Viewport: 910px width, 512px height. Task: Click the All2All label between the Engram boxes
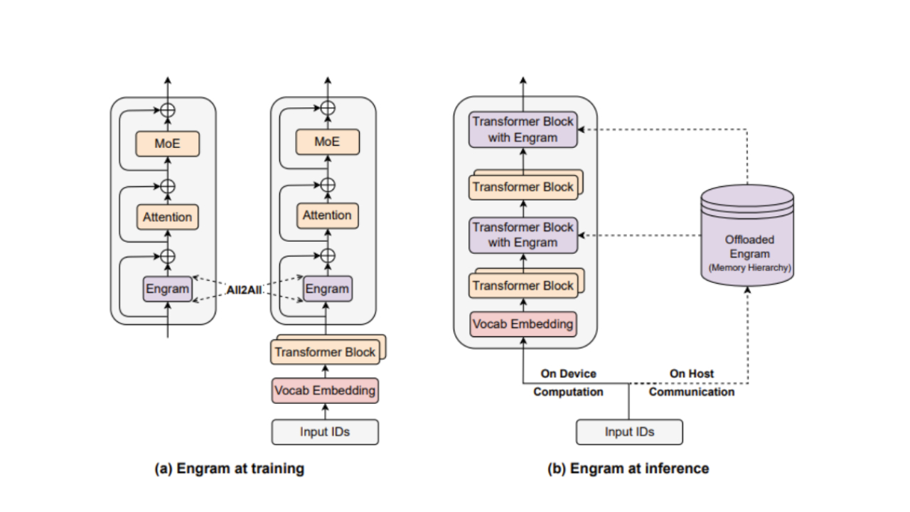247,289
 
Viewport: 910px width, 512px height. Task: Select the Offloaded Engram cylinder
746,238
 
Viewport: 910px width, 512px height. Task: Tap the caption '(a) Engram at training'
230,468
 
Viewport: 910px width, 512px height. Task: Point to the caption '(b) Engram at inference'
628,468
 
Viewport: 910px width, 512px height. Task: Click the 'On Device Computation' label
568,383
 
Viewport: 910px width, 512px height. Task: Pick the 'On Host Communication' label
692,383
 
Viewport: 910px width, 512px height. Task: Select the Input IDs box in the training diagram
326,432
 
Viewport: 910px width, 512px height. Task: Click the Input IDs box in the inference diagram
629,432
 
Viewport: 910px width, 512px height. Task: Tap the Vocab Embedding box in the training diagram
324,390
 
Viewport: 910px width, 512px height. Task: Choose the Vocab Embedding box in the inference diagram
523,324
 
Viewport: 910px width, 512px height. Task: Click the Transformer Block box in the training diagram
325,352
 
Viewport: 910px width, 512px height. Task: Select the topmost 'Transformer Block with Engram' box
523,129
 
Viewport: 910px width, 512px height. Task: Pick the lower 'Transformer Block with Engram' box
523,235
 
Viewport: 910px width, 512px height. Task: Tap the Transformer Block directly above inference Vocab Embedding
523,286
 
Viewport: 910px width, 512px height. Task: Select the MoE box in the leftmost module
168,144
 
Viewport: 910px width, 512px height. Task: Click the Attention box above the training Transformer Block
327,215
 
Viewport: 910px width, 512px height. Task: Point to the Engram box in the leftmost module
168,289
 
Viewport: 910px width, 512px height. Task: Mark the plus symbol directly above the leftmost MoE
168,110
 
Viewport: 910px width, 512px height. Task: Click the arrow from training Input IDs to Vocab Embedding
326,411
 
